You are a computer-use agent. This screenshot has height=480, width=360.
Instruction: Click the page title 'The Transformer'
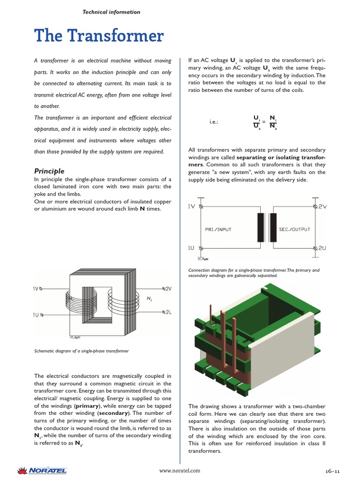tap(99, 36)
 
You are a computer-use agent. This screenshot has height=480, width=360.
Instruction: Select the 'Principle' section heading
tap(49, 171)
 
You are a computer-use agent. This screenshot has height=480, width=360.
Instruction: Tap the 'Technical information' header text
tap(111, 12)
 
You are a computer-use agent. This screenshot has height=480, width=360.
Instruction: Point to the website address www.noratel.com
tap(180, 471)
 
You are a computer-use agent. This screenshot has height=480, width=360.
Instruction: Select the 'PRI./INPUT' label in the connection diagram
tap(218, 229)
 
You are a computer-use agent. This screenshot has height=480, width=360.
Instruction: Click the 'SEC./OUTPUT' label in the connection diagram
tap(294, 229)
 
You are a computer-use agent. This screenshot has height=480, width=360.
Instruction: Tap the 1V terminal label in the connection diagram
tap(191, 206)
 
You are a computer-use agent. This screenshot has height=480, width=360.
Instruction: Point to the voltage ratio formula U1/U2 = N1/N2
tap(265, 122)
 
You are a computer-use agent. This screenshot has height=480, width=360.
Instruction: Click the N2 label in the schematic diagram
tap(150, 299)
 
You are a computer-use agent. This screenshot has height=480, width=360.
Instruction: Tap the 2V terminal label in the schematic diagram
tap(168, 289)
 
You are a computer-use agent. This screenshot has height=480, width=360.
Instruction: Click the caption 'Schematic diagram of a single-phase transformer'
tap(82, 351)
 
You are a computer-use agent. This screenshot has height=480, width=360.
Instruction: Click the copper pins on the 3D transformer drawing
tap(227, 337)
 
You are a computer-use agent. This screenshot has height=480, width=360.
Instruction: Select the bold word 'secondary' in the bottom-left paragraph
tap(113, 413)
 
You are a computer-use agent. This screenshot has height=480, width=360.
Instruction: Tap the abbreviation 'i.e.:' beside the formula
tap(214, 122)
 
